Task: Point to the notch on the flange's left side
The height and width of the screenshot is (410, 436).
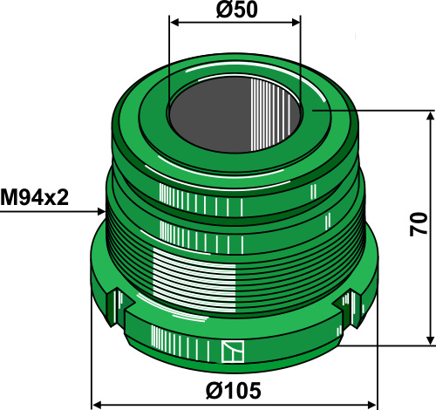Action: point(119,304)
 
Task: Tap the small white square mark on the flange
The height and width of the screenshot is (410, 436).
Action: point(230,351)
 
